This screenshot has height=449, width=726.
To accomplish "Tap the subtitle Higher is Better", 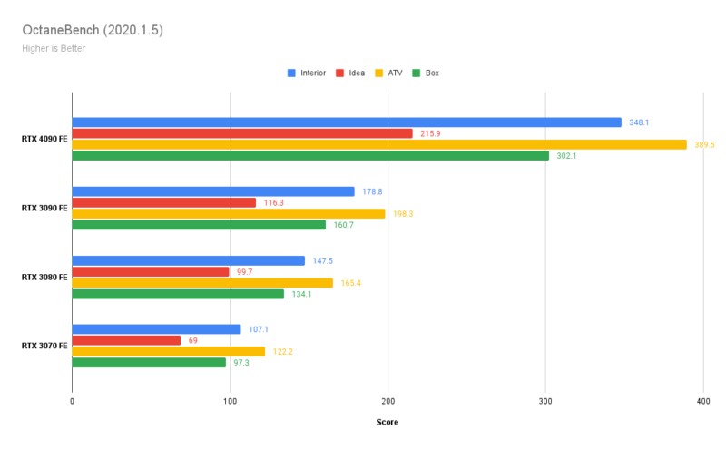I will [x=54, y=48].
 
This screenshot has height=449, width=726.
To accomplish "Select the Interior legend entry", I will [x=308, y=73].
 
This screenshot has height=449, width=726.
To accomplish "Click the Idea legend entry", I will [x=350, y=73].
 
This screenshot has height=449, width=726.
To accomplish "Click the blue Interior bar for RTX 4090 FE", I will [x=347, y=122].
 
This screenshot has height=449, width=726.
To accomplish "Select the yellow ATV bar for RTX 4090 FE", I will [x=379, y=144].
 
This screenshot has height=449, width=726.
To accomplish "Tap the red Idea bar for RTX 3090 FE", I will [x=164, y=202].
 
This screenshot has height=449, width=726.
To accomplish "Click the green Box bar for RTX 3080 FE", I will [x=178, y=294].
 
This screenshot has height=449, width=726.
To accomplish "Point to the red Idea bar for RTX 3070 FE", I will [x=126, y=340].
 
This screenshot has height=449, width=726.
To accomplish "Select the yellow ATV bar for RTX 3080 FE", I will [x=202, y=283].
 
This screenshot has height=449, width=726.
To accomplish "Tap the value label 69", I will [x=193, y=340].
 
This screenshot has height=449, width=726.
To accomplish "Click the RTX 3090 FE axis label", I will [x=44, y=208].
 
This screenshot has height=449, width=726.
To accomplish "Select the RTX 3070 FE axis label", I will [x=44, y=346].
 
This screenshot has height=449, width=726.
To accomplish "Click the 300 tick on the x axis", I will [x=545, y=401].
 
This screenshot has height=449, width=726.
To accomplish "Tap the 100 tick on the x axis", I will [x=230, y=401].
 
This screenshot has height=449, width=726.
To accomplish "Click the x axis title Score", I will [x=388, y=422].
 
